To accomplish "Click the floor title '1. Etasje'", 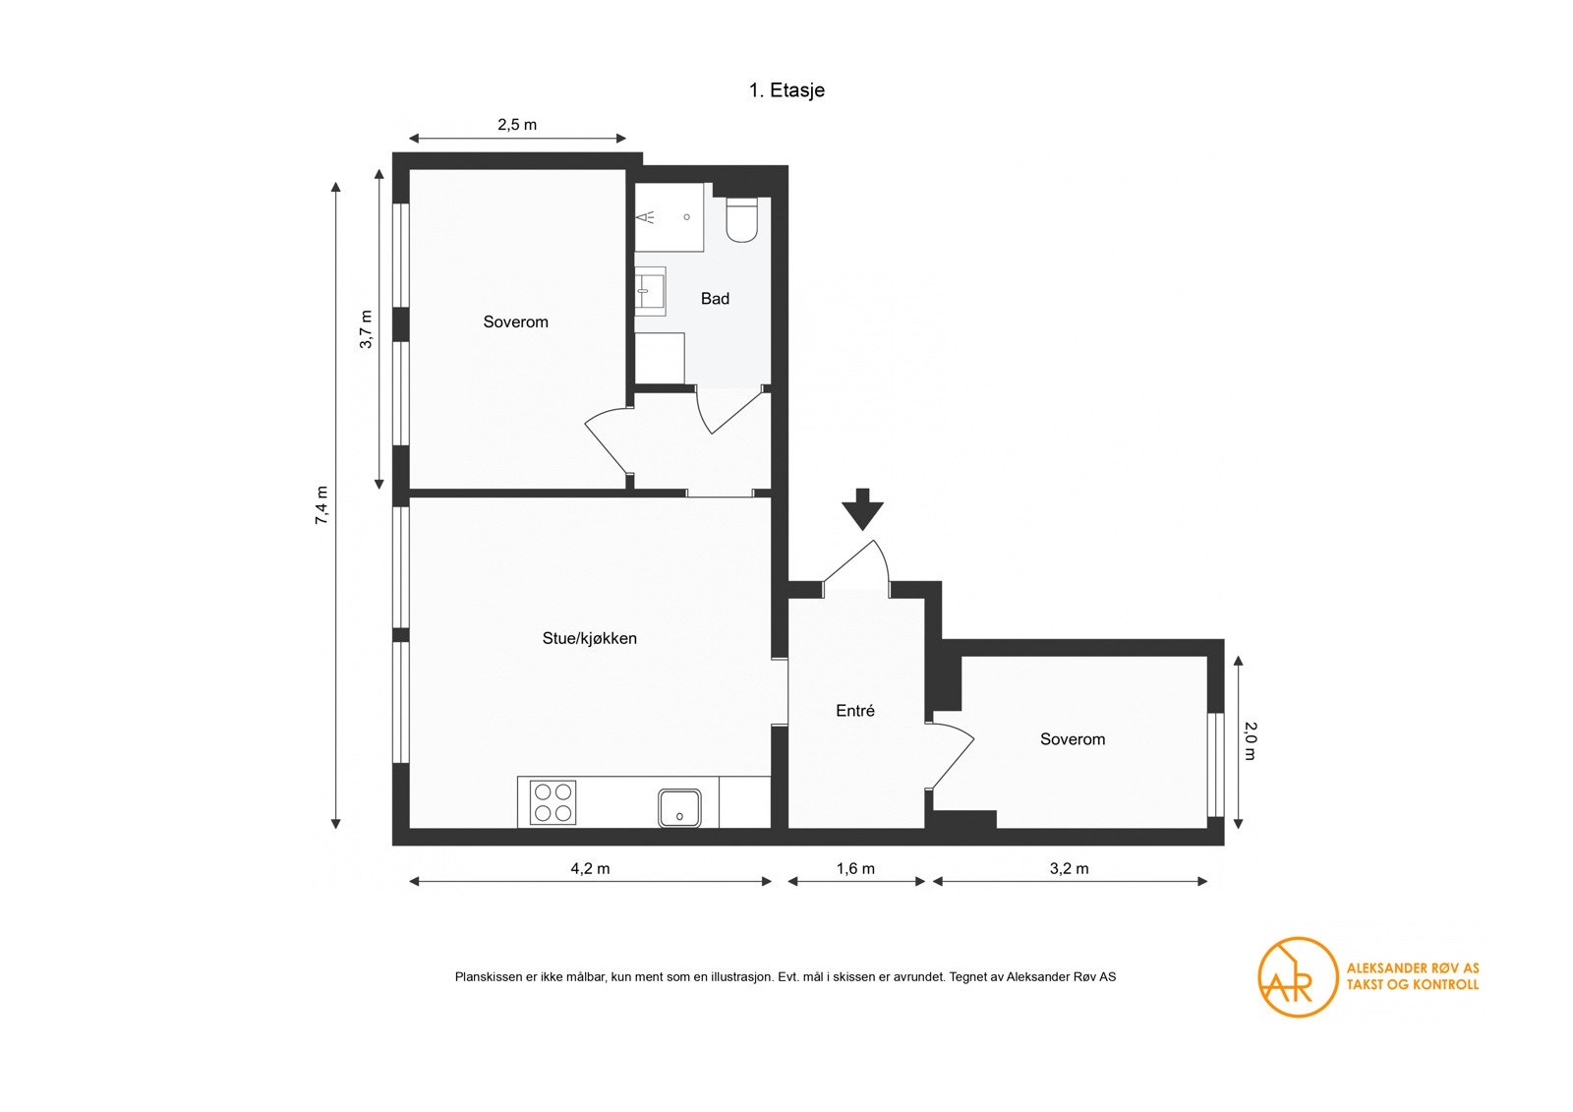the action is tap(786, 89).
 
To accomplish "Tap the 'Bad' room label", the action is tap(715, 299).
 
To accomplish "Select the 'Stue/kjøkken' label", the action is tap(589, 638).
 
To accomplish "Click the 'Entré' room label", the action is tap(855, 710).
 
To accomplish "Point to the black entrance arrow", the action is tap(863, 508).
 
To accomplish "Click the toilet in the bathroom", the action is tap(741, 220).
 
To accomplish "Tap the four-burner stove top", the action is tap(553, 802).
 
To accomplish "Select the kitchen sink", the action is tap(679, 808).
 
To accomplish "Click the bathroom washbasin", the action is tap(650, 292).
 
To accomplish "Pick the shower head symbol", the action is tap(645, 217).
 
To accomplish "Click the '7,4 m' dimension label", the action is tap(321, 505).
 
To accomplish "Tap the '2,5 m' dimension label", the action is tap(517, 124).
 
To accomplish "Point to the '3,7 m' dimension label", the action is tap(366, 328).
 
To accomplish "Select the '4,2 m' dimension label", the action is tap(590, 868).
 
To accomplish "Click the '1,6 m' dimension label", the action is tap(855, 868).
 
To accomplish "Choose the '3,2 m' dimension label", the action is tap(1069, 868).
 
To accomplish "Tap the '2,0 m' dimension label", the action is tap(1251, 741).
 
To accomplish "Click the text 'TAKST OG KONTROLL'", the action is tap(1412, 984).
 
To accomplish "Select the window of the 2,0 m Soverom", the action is tap(1215, 765).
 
